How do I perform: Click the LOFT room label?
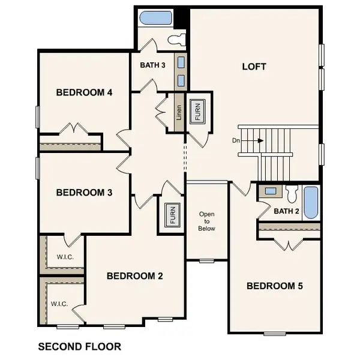(255, 67)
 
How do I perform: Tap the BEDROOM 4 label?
(85, 92)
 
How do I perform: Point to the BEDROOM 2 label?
(135, 276)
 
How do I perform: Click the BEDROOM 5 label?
(275, 286)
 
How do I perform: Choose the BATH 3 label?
(153, 65)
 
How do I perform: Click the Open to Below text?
(207, 221)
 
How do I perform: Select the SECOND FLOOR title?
(79, 346)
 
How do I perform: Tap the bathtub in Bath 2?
(311, 203)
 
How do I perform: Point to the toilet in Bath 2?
(292, 194)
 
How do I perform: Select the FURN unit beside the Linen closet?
(197, 112)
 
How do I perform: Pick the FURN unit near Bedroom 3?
(171, 213)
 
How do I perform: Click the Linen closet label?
(178, 112)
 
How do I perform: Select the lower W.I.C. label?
(59, 304)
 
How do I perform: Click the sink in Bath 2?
(271, 191)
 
